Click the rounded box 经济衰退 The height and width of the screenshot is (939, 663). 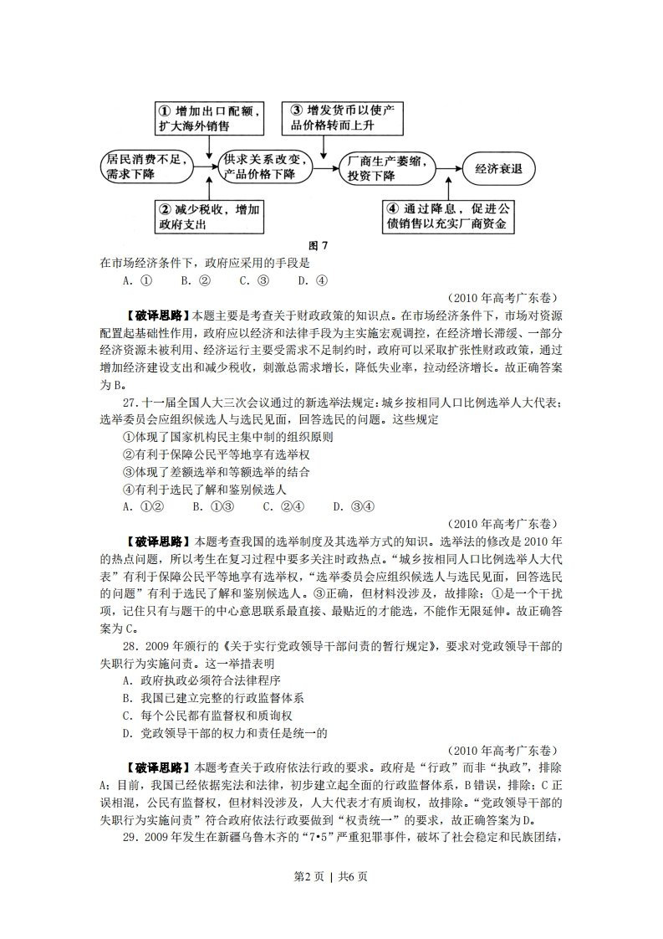click(x=499, y=167)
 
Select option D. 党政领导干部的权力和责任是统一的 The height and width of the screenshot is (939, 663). click(x=223, y=732)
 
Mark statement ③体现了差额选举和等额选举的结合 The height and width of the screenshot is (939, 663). click(x=211, y=471)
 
